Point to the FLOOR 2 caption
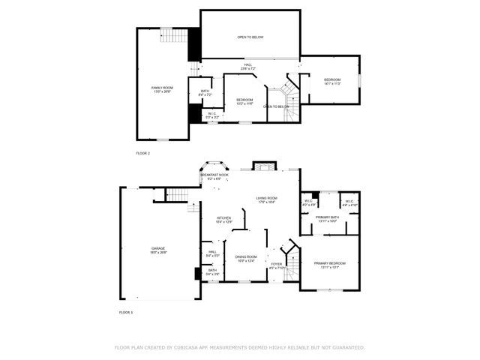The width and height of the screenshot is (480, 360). (143, 153)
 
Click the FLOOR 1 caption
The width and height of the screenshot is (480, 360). (125, 311)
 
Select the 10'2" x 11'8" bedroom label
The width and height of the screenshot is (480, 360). (245, 101)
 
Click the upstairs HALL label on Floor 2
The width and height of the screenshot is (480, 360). (248, 67)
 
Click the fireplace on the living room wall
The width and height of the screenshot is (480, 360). (264, 165)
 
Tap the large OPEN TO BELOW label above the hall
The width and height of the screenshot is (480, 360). (250, 37)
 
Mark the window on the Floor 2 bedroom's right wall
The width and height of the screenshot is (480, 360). (359, 79)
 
